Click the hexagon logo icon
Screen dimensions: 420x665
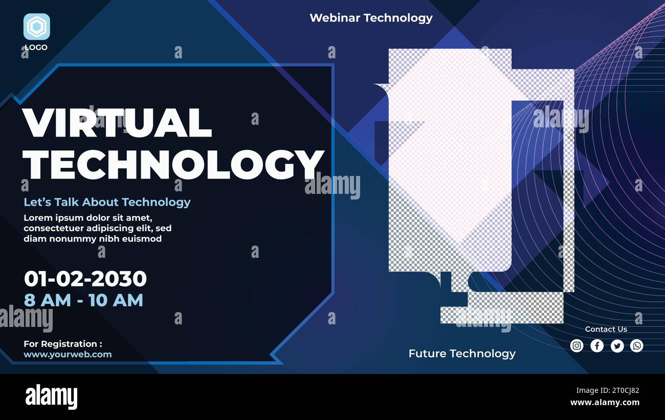coord(36,27)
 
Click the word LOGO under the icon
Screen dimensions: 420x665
coord(36,48)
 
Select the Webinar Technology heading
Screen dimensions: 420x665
coord(371,18)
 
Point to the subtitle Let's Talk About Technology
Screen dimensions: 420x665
coord(107,202)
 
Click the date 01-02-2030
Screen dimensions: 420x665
coord(85,279)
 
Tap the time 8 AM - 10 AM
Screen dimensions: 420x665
coord(83,300)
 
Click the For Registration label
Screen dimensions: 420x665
coord(62,344)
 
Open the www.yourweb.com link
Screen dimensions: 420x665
coord(68,355)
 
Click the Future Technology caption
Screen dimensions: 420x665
coord(462,353)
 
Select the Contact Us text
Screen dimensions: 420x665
coord(606,329)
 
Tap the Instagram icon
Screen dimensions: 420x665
coord(577,346)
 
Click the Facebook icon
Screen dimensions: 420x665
coord(597,346)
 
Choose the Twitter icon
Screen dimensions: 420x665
coord(617,346)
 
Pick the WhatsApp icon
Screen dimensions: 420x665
coord(637,346)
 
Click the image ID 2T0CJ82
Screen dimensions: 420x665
coord(622,391)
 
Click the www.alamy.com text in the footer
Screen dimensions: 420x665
coord(605,403)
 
